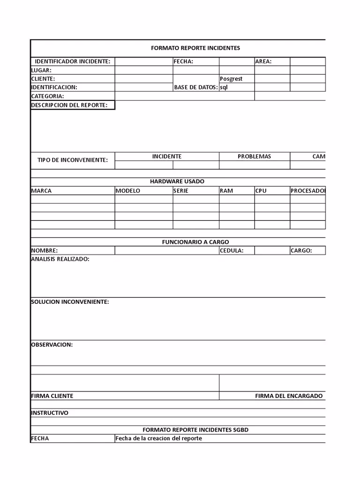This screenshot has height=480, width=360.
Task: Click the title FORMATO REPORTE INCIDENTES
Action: point(195,48)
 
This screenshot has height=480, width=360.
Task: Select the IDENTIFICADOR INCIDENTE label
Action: point(73,61)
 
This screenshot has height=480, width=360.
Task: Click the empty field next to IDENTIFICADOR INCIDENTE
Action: point(143,61)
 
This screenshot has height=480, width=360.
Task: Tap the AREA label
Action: point(263,61)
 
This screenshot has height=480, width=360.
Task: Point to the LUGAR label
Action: point(41,70)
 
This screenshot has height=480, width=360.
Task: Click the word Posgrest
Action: point(231,79)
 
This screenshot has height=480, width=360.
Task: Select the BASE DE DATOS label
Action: point(195,87)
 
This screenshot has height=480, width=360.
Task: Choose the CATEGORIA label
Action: point(47,96)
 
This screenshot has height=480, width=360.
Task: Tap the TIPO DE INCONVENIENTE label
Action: point(73,160)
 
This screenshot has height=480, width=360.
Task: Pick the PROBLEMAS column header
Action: point(254,157)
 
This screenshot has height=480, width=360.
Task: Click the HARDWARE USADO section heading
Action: point(177,181)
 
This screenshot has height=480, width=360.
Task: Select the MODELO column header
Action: point(128,191)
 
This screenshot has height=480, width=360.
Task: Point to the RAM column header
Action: point(226,191)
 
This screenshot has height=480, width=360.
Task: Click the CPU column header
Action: point(261,191)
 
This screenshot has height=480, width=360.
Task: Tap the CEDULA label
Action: point(232,250)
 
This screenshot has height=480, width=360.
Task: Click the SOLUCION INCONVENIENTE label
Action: point(70,302)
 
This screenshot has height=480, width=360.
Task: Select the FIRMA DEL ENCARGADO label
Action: point(289,396)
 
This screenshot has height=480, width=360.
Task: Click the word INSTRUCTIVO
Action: point(50,413)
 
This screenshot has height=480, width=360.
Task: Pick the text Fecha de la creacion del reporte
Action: point(159,439)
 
